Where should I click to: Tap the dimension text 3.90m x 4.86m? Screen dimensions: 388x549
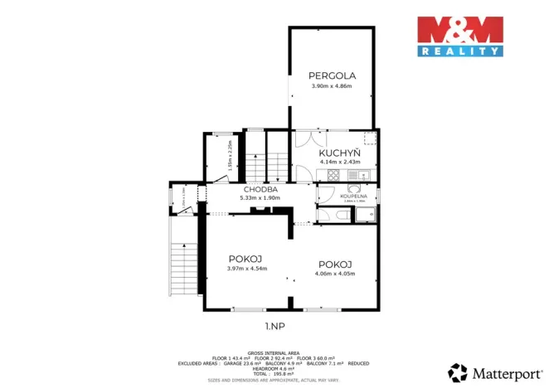coord(331,86)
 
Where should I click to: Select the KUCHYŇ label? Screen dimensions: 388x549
coord(339,153)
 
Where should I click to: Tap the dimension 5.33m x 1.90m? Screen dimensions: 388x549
coord(260,198)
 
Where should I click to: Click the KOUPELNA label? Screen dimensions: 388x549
coord(354,195)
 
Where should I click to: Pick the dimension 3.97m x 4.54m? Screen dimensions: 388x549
coord(247,268)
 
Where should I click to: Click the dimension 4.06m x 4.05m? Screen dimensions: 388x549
coord(336,273)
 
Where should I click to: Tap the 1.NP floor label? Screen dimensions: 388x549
coord(275,326)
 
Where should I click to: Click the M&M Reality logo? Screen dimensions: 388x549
coord(459,36)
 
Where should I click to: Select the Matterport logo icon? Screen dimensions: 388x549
coord(457,371)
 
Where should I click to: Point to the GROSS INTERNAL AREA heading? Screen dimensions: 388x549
coord(274,352)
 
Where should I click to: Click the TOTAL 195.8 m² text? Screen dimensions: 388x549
coord(274,373)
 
